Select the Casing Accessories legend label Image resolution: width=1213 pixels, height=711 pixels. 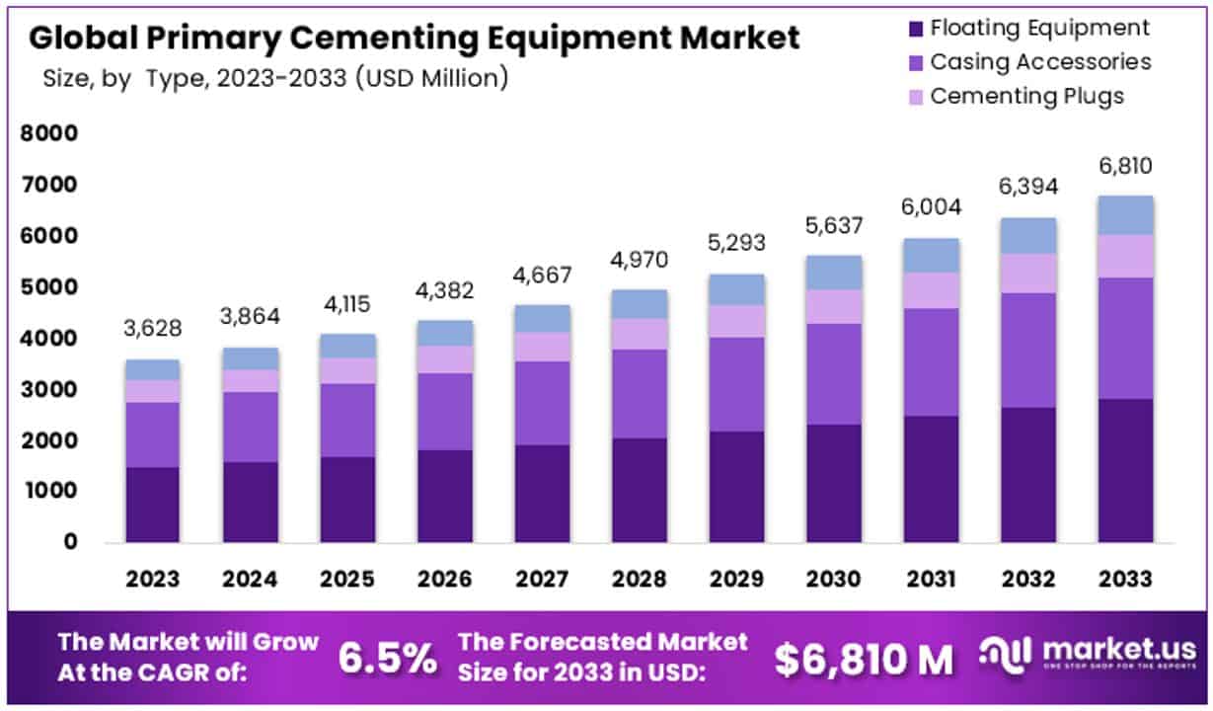(x=1040, y=62)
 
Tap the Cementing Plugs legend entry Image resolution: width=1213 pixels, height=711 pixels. (x=1026, y=96)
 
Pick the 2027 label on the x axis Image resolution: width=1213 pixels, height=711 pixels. (x=541, y=579)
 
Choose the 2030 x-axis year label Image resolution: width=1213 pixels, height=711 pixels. (x=833, y=579)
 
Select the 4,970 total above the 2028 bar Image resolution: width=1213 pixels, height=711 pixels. (x=639, y=261)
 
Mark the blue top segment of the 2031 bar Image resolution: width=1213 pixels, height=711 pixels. (x=931, y=255)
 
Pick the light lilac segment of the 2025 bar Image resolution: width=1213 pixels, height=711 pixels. (x=347, y=370)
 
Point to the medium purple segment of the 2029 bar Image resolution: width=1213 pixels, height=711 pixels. (x=736, y=384)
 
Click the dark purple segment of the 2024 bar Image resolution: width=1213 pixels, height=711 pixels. (x=250, y=502)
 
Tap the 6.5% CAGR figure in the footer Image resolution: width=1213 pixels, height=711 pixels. (x=388, y=659)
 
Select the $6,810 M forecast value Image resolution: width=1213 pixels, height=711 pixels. (x=864, y=659)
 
